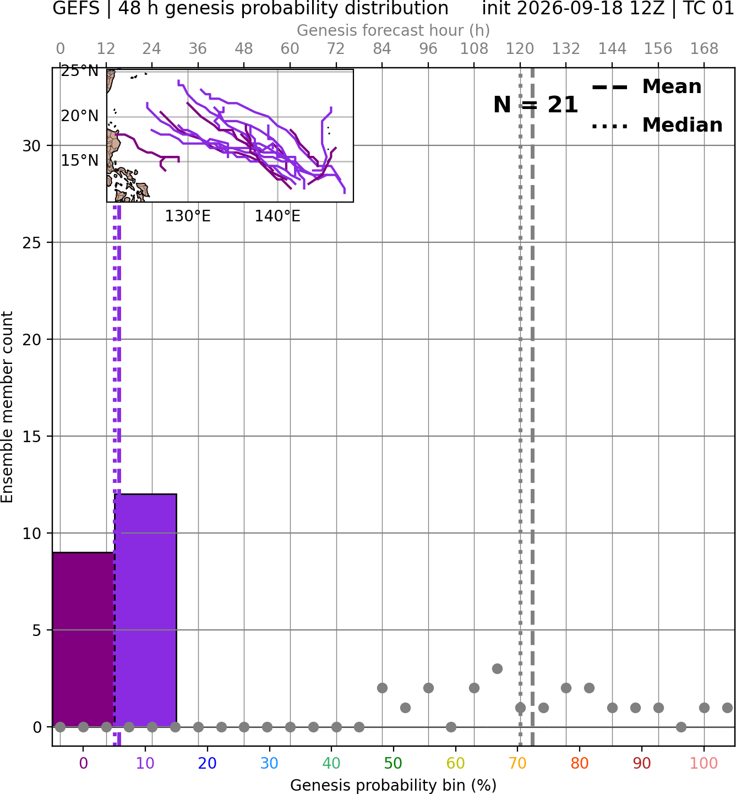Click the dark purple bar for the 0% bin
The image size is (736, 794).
coord(83,639)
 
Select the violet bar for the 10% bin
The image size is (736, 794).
coord(145,610)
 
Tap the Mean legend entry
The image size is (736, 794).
coord(646,87)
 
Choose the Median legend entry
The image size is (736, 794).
coord(657,125)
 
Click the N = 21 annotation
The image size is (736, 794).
coord(536,105)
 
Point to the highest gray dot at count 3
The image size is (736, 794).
coord(497,668)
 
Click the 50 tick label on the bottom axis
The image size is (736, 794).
coord(393,764)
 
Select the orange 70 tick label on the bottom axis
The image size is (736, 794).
coord(517,764)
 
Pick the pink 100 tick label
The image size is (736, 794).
coord(704,764)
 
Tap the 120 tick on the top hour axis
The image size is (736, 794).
coord(520,49)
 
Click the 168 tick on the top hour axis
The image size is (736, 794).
coord(704,49)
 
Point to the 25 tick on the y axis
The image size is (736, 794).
coord(31,243)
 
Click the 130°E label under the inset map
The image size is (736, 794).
coord(188,216)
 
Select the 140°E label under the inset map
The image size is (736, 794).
coord(277,216)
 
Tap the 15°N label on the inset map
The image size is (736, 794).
coord(80,161)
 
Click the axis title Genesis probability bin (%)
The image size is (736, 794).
coord(393,785)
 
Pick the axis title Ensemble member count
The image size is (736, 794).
coord(7,407)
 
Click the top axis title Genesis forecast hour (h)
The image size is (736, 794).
coord(393,30)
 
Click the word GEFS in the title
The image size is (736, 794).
coord(76,8)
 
